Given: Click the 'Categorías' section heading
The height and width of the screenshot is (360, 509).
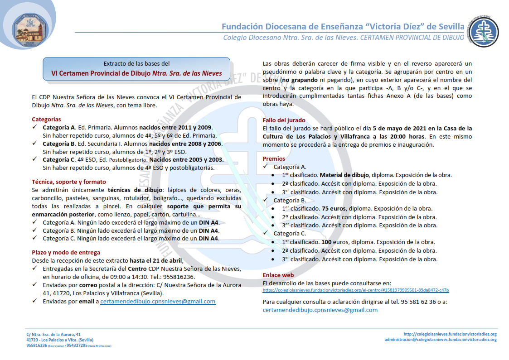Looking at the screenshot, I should point(46,119).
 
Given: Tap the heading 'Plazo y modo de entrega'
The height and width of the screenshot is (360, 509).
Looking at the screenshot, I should point(66,252).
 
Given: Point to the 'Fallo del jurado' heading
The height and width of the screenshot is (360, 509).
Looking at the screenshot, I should point(284,120).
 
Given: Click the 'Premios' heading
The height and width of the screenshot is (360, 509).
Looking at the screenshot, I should point(274,158).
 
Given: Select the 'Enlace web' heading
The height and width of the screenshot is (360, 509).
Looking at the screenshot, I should point(278,275).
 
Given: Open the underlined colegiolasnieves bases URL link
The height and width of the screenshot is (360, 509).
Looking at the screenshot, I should point(356,290).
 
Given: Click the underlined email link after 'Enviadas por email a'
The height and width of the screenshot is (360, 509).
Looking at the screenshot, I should point(158,301).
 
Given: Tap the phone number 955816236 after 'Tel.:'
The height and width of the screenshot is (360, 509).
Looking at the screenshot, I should point(179,277).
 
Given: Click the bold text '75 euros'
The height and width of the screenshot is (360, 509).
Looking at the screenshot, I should point(333,209).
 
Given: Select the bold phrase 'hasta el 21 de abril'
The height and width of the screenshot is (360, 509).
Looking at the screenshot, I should point(156,260).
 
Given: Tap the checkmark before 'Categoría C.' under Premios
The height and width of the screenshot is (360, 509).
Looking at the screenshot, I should point(266,234).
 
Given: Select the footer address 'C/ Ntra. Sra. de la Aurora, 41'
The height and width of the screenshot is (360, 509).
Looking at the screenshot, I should point(53,334).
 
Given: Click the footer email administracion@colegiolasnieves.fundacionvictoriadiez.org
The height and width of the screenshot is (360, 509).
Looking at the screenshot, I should point(441,340).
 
